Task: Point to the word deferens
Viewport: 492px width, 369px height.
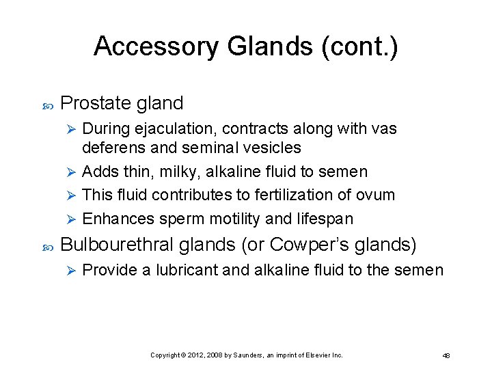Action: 111,148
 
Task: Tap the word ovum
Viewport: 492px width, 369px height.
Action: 375,195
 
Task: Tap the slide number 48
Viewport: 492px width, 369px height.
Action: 446,355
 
